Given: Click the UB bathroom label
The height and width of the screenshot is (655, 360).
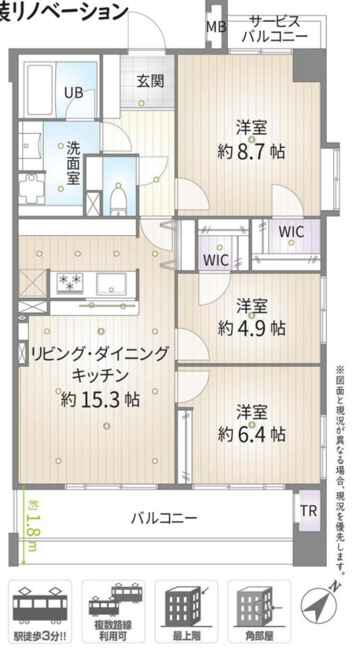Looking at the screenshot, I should tap(74, 93).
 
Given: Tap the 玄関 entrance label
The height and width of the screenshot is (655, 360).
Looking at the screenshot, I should tap(151, 81).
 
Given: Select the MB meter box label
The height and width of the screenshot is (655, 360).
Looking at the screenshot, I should tap(216, 27).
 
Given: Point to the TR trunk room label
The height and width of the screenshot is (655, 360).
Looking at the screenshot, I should tap(308, 511).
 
